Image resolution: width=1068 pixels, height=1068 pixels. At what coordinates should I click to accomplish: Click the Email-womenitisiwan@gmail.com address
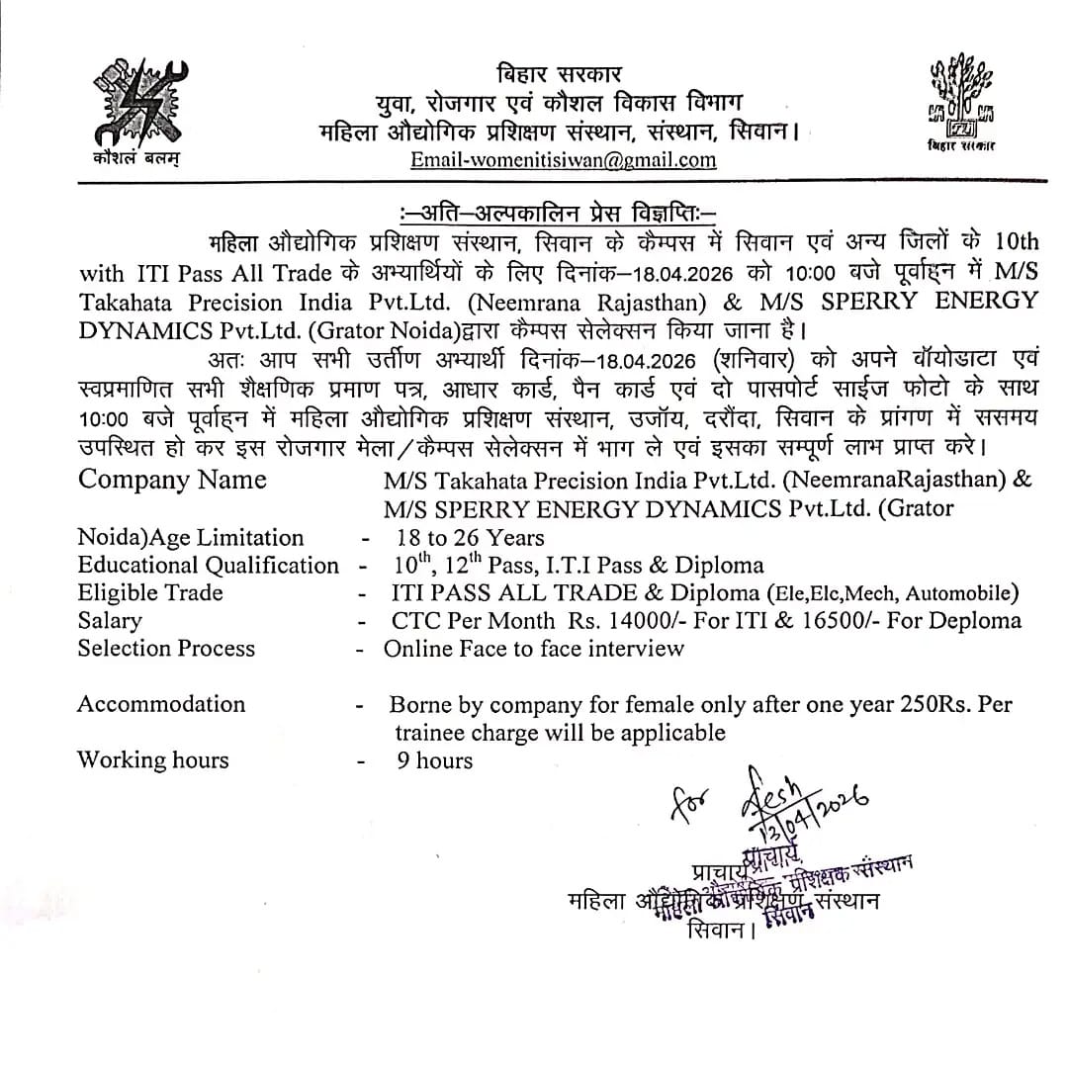[x=564, y=159]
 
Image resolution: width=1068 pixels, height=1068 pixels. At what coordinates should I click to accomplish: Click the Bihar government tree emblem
[x=960, y=99]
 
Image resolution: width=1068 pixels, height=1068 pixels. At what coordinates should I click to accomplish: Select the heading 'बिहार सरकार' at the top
[x=560, y=74]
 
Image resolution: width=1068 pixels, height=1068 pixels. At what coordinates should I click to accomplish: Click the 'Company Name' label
[x=172, y=480]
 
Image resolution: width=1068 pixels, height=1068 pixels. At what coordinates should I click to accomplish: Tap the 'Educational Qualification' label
[x=208, y=565]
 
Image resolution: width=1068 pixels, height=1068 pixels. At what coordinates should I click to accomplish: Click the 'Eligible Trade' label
[x=150, y=592]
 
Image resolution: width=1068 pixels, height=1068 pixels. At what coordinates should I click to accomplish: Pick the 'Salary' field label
[x=110, y=620]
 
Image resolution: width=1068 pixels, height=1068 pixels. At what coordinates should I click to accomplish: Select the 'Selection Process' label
[x=166, y=648]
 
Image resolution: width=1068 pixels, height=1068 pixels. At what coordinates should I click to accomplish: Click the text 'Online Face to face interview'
[x=534, y=648]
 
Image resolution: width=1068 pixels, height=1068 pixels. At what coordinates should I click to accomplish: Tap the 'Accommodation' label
[x=161, y=704]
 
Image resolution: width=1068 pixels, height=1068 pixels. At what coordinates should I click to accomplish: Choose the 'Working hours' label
[x=152, y=759]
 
